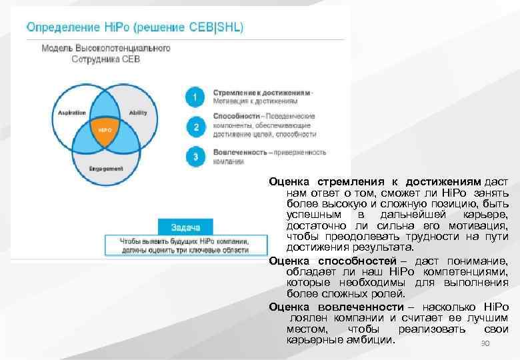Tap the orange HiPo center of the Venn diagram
coord(105,129)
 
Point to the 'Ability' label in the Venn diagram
coord(138,112)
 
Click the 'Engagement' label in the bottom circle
coord(106,169)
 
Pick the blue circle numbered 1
coord(195,97)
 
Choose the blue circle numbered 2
coord(195,127)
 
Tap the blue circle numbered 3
coord(195,157)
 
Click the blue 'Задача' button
coord(185,227)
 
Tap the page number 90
coord(485,344)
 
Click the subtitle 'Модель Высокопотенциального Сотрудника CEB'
coord(106,53)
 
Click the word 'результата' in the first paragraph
coord(381,247)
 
